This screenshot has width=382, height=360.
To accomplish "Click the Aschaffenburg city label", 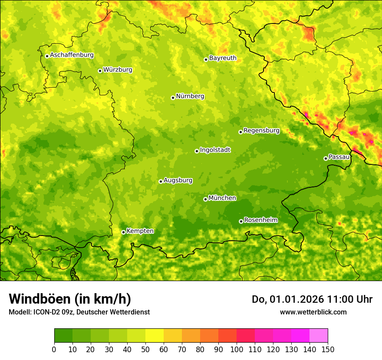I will [72, 55].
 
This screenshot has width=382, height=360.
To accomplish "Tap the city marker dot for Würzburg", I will [100, 71].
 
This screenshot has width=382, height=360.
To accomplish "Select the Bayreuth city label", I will [223, 58].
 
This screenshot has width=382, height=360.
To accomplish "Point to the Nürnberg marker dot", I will [173, 98].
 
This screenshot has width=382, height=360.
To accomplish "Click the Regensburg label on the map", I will [261, 131].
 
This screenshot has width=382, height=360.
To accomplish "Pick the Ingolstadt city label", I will [215, 150].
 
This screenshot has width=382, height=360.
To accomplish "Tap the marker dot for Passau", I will [326, 158].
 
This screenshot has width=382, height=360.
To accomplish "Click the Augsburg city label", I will [178, 180].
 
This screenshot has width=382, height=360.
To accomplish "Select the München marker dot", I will [205, 199].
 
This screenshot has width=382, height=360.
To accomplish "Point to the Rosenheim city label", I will [261, 220].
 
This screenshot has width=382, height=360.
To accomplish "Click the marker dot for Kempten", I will [123, 232].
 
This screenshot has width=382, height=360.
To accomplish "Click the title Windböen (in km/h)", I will [69, 299].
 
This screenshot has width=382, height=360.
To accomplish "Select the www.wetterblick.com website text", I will [313, 312].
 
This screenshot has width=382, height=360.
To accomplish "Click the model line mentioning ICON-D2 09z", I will [79, 312].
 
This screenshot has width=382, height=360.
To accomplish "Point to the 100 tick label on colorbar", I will [237, 350].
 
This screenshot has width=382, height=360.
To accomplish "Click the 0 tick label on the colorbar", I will [54, 350].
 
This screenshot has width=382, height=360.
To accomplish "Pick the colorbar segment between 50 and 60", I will [155, 336].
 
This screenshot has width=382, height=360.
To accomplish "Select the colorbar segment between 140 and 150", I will [319, 336].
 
